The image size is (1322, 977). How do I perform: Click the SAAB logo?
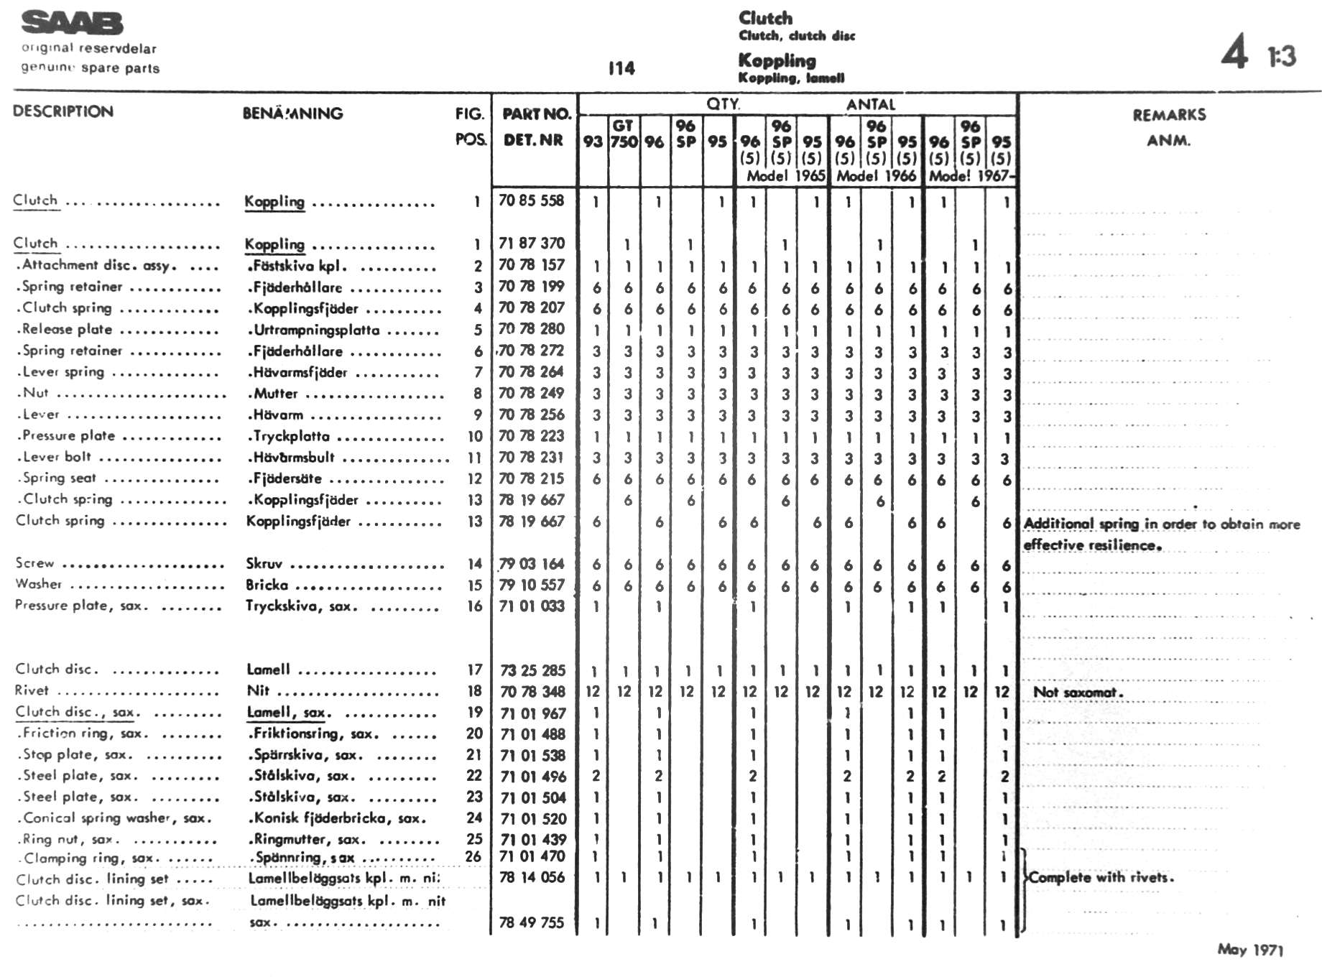[72, 23]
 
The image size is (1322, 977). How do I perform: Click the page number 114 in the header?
[621, 69]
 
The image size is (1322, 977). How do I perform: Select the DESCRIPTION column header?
[63, 111]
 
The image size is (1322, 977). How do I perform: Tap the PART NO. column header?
[536, 114]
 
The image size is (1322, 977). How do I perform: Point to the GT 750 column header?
[624, 134]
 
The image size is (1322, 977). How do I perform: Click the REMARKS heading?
[1169, 115]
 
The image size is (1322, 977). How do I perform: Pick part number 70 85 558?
[532, 200]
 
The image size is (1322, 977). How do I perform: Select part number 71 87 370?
[532, 244]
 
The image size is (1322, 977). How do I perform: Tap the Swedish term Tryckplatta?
[291, 436]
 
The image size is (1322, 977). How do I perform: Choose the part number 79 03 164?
[532, 564]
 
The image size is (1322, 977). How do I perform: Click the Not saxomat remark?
[1077, 693]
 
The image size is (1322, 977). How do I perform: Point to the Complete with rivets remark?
[1101, 877]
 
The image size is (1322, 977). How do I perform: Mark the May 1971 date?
[1250, 950]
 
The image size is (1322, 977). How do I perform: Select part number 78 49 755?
[532, 922]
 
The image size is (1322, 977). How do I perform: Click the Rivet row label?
[32, 690]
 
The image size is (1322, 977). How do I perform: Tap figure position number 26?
[473, 856]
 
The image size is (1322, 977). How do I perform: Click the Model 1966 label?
[876, 176]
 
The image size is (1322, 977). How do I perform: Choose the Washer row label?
[39, 584]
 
